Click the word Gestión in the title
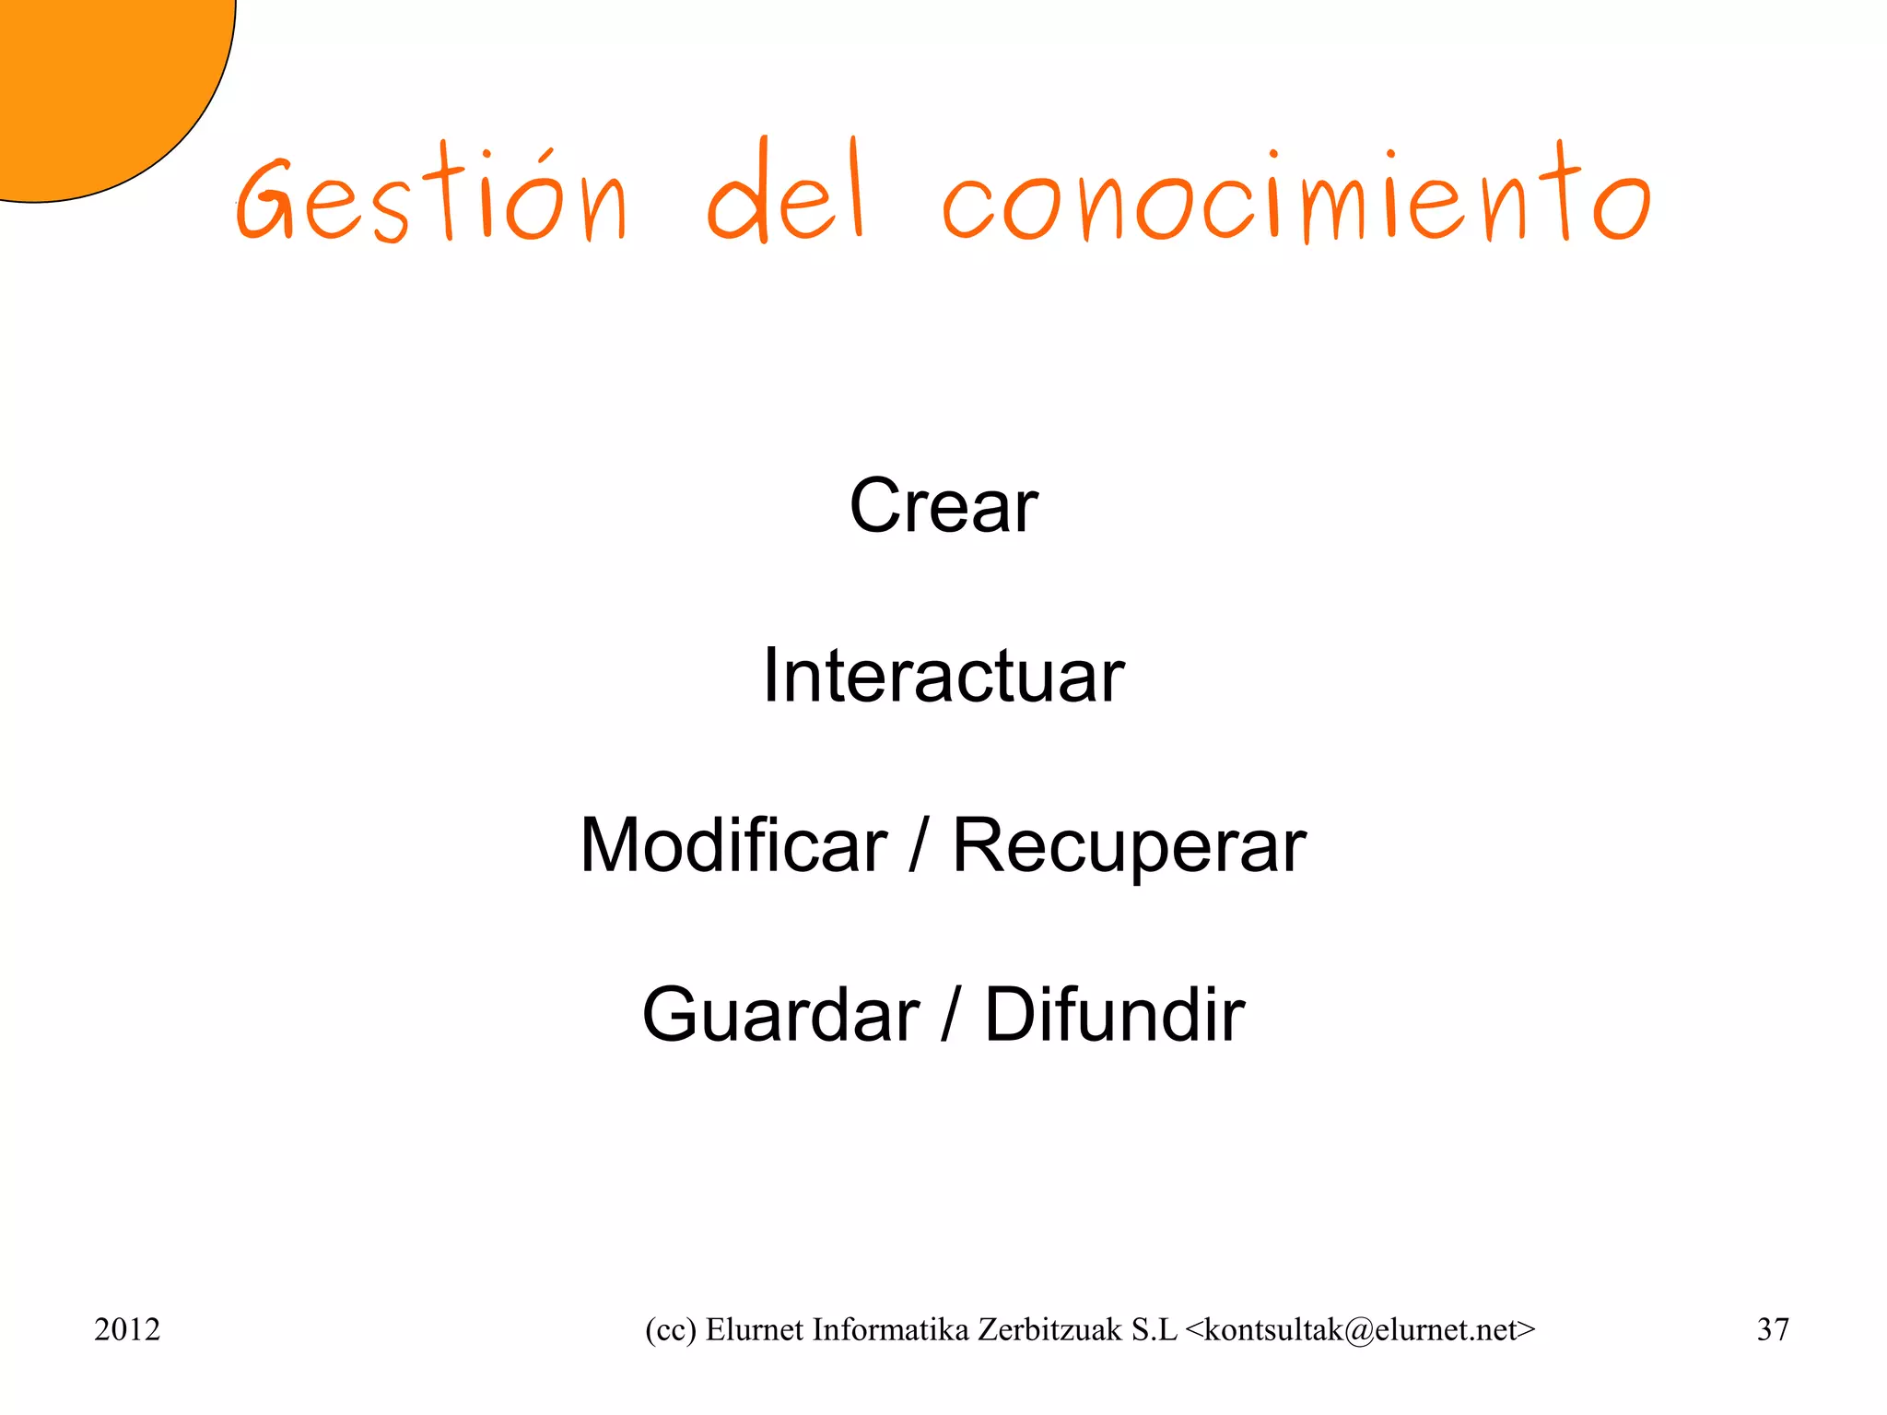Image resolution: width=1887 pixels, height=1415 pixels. pyautogui.click(x=431, y=195)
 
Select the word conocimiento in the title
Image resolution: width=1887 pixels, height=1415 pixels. pyautogui.click(x=1295, y=195)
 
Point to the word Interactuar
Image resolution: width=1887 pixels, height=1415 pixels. pyautogui.click(x=943, y=675)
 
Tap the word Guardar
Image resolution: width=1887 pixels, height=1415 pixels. pyautogui.click(x=781, y=1014)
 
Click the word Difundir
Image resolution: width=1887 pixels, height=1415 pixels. pyautogui.click(x=1115, y=1014)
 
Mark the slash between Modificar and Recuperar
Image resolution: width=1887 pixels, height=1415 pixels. pyautogui.click(x=918, y=846)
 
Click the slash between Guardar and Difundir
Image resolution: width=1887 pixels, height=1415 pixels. pyautogui.click(x=951, y=1016)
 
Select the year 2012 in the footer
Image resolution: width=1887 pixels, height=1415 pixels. pyautogui.click(x=127, y=1329)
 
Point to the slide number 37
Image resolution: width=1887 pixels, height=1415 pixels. pyautogui.click(x=1773, y=1329)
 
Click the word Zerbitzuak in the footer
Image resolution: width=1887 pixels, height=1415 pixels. pyautogui.click(x=1049, y=1329)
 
